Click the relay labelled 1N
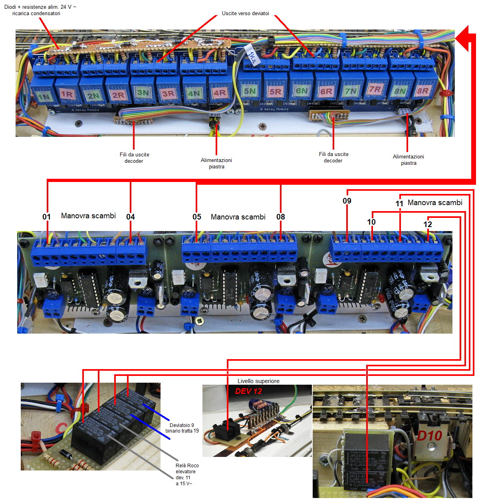(x=43, y=96)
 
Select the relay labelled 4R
(x=219, y=93)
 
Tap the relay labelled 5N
(x=250, y=91)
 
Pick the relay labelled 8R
(x=422, y=91)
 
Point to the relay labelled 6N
(x=301, y=91)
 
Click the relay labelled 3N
(x=143, y=93)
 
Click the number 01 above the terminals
(x=47, y=217)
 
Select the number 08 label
(x=281, y=217)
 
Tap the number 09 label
(x=347, y=201)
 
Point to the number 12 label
(x=428, y=224)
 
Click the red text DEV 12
(x=248, y=391)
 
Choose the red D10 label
(x=429, y=436)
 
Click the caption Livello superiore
(x=258, y=381)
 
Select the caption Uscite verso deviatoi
(x=246, y=14)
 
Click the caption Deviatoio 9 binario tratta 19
(x=182, y=428)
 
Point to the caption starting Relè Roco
(x=186, y=474)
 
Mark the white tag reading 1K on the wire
(x=252, y=57)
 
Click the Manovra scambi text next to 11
(x=435, y=203)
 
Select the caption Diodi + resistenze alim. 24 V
(x=40, y=10)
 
